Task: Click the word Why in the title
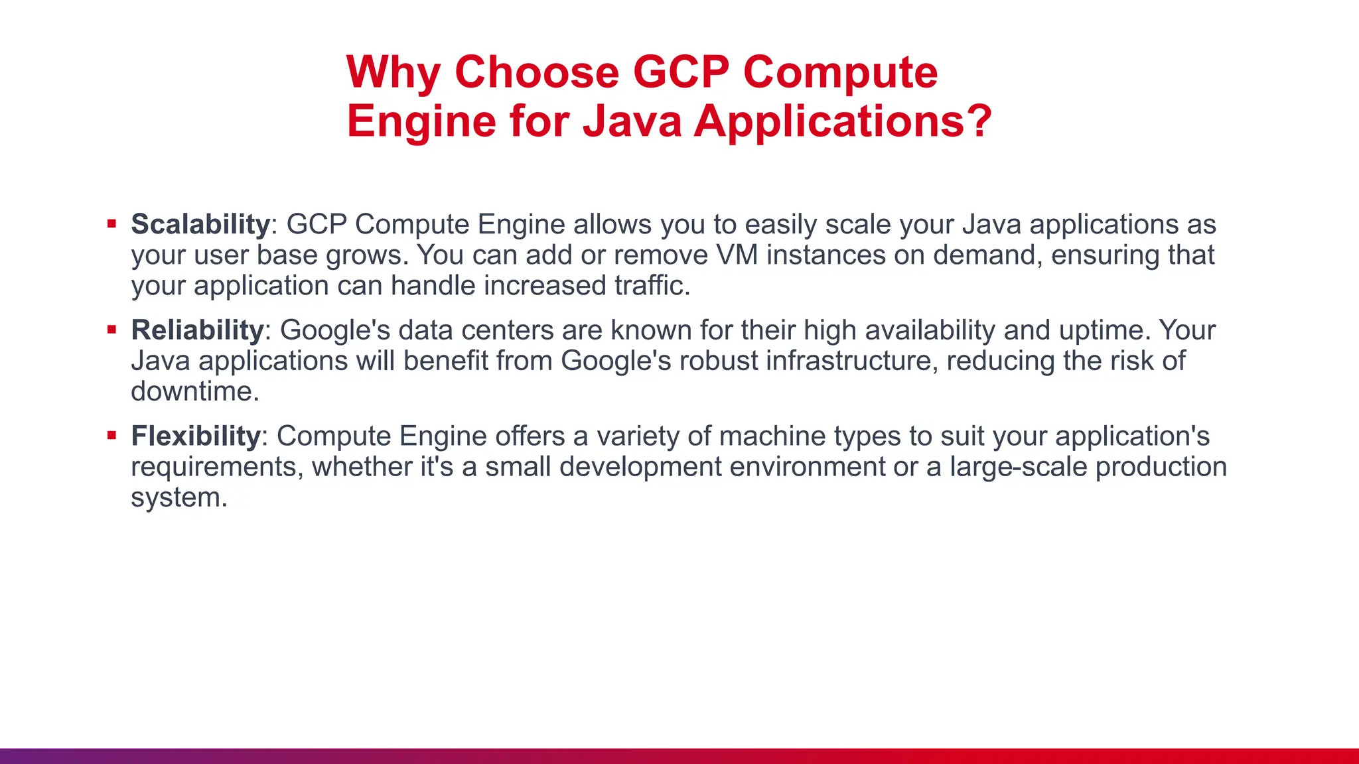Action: coord(392,72)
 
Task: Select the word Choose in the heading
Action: coord(536,72)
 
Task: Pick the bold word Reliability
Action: coord(197,330)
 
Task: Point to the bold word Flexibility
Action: coord(195,436)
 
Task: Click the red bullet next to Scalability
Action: coord(111,223)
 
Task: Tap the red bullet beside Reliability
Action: coord(111,329)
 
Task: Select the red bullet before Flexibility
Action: coord(111,435)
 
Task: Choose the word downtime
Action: coord(194,391)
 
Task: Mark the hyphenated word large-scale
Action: coord(1019,467)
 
